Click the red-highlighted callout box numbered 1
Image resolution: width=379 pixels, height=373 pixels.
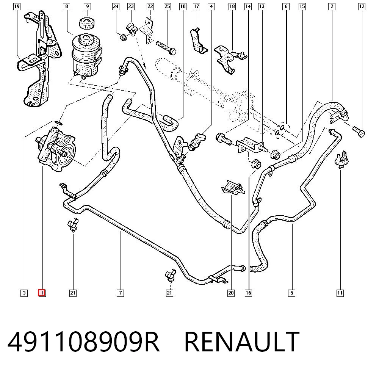(42, 293)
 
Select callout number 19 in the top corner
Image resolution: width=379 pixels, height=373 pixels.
(17, 6)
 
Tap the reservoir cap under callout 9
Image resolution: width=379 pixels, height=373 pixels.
(87, 23)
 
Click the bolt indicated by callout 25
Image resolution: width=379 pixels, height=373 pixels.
(166, 48)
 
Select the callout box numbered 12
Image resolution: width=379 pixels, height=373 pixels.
(362, 6)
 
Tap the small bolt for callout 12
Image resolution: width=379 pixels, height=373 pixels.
(359, 132)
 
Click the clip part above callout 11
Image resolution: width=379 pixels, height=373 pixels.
(341, 160)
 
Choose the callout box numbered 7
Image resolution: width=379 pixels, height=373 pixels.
(121, 293)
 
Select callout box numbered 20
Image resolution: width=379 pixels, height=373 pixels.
(231, 293)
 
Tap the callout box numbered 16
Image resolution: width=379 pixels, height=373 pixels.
(249, 293)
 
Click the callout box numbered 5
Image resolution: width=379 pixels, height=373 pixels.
(292, 293)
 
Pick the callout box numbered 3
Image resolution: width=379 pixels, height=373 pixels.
(24, 293)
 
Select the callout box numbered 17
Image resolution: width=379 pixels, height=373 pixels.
(196, 6)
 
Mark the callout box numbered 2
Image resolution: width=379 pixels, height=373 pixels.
(332, 6)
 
